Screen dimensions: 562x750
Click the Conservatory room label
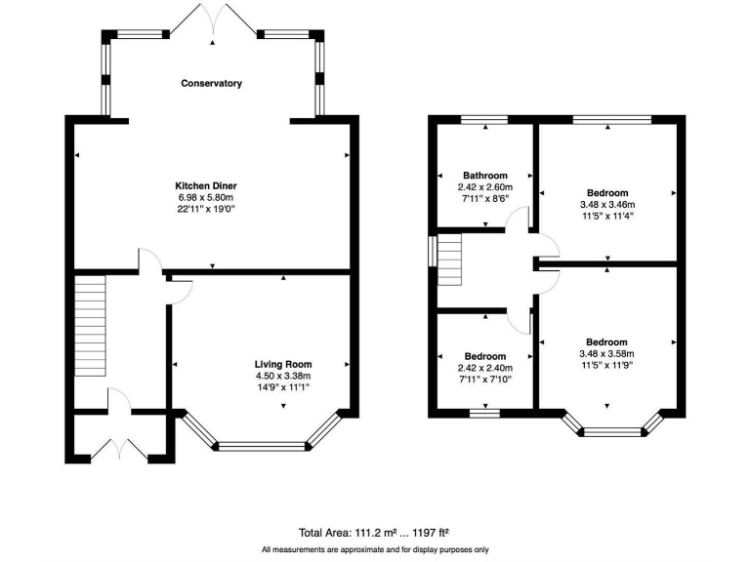[211, 84]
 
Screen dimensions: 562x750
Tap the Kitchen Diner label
[206, 185]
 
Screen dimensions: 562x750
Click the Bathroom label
[485, 176]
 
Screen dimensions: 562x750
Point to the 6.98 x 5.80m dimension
[206, 197]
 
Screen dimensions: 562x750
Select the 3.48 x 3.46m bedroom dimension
[606, 205]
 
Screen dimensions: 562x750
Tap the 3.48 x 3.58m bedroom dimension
[606, 354]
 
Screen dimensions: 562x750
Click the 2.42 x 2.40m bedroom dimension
[485, 368]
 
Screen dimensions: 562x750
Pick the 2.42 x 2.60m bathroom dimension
[485, 187]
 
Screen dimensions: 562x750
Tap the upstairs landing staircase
[448, 261]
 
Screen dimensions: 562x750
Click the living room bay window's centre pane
[261, 448]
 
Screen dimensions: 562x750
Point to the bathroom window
[484, 120]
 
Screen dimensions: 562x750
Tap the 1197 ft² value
[428, 533]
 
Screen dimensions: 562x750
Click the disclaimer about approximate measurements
[375, 550]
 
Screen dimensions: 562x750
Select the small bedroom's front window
[484, 414]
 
